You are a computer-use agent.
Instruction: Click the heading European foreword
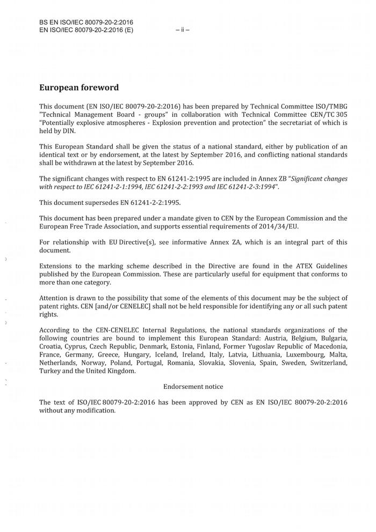point(79,88)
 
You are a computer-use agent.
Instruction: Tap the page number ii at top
point(183,30)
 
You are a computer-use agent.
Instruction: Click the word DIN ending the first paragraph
point(68,131)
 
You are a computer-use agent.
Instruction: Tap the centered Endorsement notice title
point(193,386)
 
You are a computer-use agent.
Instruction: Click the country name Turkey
point(50,371)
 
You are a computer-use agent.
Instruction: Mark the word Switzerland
point(328,363)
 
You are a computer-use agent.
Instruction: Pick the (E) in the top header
point(128,30)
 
